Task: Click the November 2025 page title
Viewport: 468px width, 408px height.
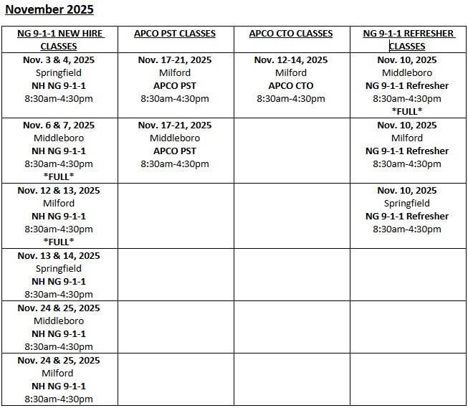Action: (49, 10)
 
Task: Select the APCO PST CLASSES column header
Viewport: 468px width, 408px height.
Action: (174, 34)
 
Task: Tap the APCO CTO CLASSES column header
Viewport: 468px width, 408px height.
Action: (290, 34)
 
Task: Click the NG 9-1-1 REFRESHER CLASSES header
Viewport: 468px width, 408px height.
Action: (408, 39)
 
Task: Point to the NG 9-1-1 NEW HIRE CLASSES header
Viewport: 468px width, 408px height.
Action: (58, 39)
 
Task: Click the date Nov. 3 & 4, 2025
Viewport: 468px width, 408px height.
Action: (58, 60)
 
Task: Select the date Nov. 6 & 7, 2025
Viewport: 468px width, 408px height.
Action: (58, 125)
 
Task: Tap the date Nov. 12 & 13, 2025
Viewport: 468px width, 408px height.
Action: (58, 191)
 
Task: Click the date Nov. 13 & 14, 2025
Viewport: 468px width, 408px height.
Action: (58, 256)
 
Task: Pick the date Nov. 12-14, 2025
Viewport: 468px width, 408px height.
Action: (290, 60)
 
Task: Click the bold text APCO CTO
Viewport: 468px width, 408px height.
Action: (290, 86)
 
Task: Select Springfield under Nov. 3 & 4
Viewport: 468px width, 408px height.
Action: (58, 73)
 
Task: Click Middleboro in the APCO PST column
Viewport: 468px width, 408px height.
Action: (174, 138)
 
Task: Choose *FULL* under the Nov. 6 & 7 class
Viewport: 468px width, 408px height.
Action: (58, 176)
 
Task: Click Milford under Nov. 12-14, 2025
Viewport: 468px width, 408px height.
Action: (290, 73)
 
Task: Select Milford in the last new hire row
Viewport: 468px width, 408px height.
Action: (58, 374)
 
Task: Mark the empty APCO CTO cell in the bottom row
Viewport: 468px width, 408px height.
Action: (291, 379)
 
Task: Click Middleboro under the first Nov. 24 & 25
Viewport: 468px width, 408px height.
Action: (58, 321)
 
